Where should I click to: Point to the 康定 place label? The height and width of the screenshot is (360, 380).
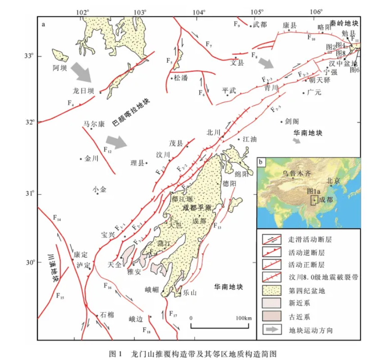(80, 254)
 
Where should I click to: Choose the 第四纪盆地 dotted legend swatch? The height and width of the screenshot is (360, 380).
(272, 291)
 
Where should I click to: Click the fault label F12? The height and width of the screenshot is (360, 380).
(107, 150)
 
